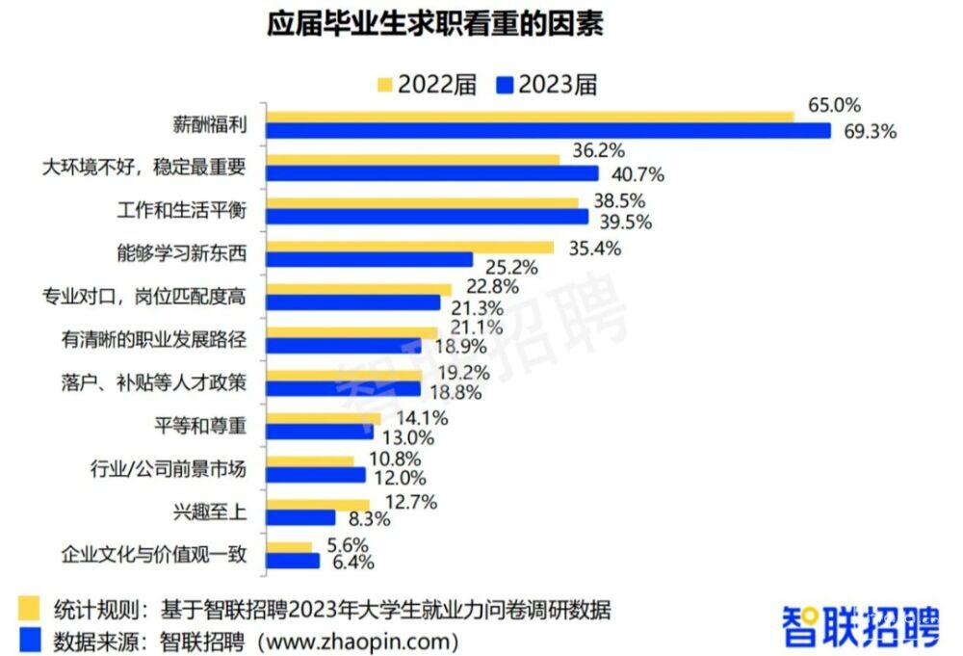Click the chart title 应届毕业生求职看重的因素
point(435,24)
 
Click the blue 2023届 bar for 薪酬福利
point(548,131)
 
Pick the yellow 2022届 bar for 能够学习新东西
point(409,247)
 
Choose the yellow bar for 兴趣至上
point(318,504)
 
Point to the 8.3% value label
point(370,520)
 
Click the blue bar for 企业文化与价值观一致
point(293,561)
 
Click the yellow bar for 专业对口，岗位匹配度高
point(358,289)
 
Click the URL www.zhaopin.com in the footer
point(357,640)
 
